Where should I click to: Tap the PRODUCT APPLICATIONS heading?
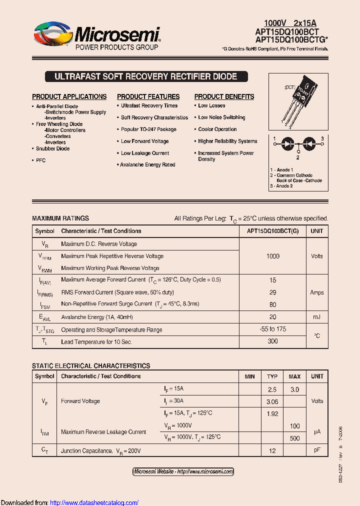click(x=69, y=96)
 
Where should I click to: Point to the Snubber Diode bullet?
click(x=52, y=148)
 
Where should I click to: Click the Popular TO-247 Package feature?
click(x=148, y=129)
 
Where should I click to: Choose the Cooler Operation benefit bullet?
click(x=217, y=129)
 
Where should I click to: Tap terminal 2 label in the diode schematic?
click(x=297, y=157)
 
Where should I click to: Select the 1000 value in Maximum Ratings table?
click(x=273, y=256)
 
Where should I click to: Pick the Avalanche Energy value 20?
click(x=273, y=317)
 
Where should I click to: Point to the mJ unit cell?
click(x=317, y=317)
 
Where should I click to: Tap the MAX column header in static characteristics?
click(x=295, y=376)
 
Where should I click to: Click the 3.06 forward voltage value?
click(x=272, y=401)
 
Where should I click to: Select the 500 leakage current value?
click(x=295, y=438)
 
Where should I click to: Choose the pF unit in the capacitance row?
click(x=317, y=450)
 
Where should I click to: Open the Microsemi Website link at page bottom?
click(x=183, y=471)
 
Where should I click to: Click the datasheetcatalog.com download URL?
click(x=94, y=502)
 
